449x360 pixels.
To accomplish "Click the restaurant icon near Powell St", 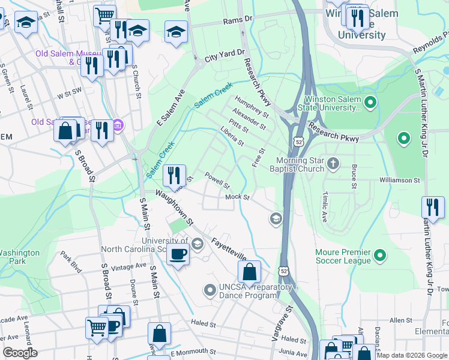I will (x=174, y=175).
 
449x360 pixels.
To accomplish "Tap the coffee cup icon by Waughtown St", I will (x=178, y=255).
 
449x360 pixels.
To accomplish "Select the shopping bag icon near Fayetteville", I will (x=249, y=272).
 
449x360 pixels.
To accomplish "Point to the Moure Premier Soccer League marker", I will (x=379, y=256).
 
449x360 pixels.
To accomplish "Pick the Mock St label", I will (x=237, y=197).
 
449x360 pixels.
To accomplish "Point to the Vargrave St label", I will (x=277, y=324).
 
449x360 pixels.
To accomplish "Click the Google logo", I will (x=20, y=353).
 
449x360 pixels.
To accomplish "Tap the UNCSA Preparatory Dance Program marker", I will (x=209, y=291).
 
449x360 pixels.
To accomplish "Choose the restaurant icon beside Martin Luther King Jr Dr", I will (x=432, y=207).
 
